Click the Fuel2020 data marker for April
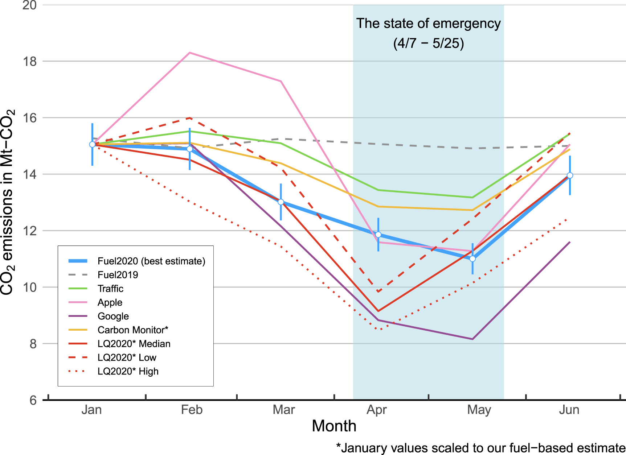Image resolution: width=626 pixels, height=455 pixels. (x=378, y=235)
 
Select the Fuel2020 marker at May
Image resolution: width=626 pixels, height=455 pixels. (x=472, y=259)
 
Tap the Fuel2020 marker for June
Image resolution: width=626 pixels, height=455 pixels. (x=570, y=175)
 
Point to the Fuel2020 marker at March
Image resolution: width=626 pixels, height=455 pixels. (x=281, y=202)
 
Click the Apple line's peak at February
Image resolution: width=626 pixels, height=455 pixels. (x=189, y=53)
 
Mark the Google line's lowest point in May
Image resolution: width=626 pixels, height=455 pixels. (x=472, y=339)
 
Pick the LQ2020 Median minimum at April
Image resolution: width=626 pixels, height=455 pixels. (x=378, y=311)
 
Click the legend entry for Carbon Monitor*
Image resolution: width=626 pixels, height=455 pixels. (x=133, y=330)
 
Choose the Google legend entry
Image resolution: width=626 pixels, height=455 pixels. (x=113, y=316)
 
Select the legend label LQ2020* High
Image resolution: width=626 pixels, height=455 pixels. (x=128, y=371)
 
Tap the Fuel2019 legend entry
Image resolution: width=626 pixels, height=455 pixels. (x=118, y=275)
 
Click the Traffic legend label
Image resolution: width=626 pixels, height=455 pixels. (x=110, y=289)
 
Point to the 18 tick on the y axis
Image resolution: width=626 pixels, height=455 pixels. (x=30, y=62)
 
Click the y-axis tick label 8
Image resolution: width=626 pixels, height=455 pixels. (x=33, y=344)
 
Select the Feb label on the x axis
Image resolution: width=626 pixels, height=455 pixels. (x=192, y=410)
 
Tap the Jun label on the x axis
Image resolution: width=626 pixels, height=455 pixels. (x=569, y=410)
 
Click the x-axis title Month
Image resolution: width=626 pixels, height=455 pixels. (x=334, y=426)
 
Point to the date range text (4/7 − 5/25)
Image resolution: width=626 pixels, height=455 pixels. (x=428, y=43)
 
